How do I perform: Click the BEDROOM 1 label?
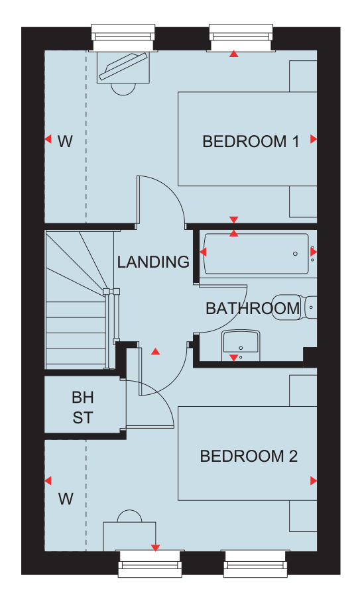(251, 142)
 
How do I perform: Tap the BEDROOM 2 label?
(249, 456)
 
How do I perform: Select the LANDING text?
(153, 262)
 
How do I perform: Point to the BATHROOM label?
(253, 308)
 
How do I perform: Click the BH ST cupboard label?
(83, 407)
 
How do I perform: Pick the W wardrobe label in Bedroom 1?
(65, 141)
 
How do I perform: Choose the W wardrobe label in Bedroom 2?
(66, 499)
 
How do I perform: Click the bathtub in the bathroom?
(257, 254)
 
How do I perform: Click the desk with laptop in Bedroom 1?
(123, 67)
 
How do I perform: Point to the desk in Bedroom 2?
(130, 537)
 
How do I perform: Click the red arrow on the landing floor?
(156, 352)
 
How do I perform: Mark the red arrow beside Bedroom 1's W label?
(48, 139)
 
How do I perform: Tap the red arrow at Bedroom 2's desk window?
(155, 548)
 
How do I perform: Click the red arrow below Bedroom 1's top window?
(234, 54)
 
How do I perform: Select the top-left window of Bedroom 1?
(123, 38)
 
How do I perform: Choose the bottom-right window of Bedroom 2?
(255, 563)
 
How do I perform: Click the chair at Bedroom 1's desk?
(123, 89)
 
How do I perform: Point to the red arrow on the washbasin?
(234, 358)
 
